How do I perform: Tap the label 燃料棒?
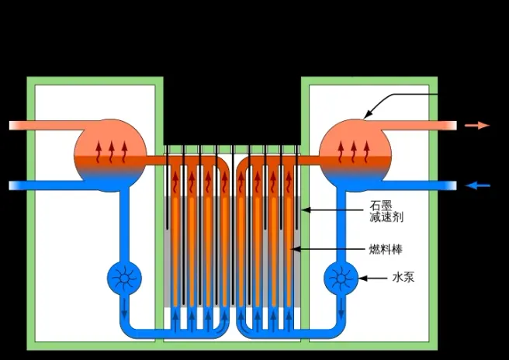(x=386, y=249)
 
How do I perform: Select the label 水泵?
(x=403, y=276)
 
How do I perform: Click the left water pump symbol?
(x=123, y=276)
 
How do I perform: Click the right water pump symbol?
(x=339, y=276)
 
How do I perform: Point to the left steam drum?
(x=109, y=154)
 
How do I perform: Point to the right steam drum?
(x=355, y=154)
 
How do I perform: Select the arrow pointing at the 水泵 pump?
(x=372, y=277)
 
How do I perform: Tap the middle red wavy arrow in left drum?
(x=110, y=151)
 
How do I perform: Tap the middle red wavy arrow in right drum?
(x=355, y=151)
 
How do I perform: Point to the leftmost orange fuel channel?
(x=175, y=233)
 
